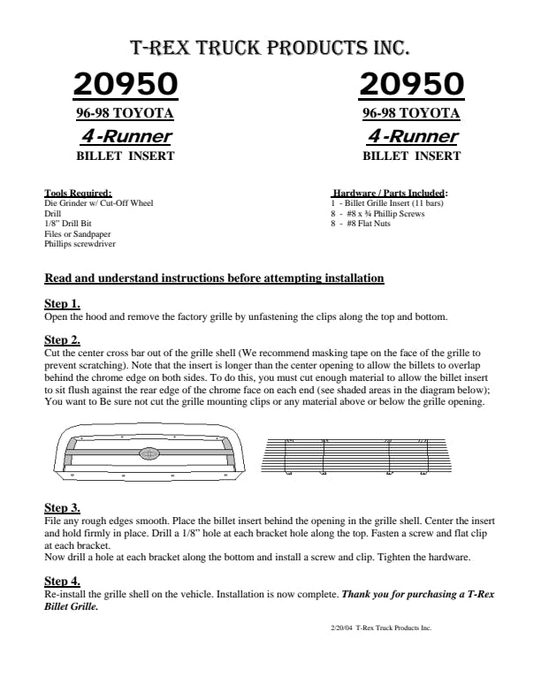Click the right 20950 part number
pyautogui.click(x=411, y=84)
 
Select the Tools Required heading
pyautogui.click(x=78, y=193)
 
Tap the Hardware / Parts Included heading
pyautogui.click(x=390, y=193)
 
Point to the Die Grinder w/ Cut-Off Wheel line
pyautogui.click(x=98, y=203)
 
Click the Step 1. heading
pyautogui.click(x=62, y=304)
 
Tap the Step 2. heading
pyautogui.click(x=62, y=339)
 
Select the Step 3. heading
pyautogui.click(x=62, y=508)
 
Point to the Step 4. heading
pyautogui.click(x=62, y=581)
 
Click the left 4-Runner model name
pyautogui.click(x=126, y=136)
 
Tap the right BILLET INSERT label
pyautogui.click(x=411, y=156)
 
